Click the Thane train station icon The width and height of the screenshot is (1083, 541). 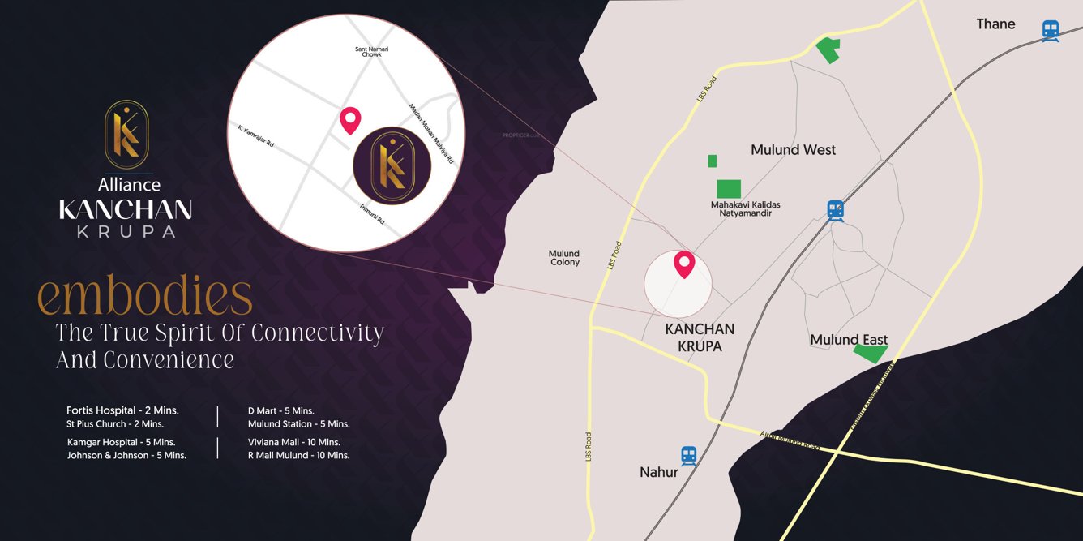[1051, 31]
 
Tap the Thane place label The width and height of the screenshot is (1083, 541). [995, 24]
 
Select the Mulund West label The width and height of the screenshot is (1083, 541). [793, 150]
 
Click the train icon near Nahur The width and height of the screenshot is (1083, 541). [689, 456]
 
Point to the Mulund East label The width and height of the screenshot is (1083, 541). [849, 340]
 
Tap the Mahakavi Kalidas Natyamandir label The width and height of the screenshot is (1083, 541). [745, 208]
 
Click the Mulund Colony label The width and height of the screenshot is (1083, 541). [564, 258]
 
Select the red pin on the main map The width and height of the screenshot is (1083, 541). [685, 264]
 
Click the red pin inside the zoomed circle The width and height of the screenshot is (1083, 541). [349, 119]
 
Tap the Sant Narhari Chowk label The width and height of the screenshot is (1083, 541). [371, 52]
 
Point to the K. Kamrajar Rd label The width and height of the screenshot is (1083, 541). [256, 136]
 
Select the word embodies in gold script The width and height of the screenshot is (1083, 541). [146, 298]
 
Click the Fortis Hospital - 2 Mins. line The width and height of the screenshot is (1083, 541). [122, 410]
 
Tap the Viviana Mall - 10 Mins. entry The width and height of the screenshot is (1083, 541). [293, 442]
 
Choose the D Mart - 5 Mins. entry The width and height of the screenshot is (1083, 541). [280, 410]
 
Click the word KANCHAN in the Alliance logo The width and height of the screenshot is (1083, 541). [126, 209]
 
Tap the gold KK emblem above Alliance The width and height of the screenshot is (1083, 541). [126, 135]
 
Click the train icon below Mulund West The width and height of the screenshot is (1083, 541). [836, 211]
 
